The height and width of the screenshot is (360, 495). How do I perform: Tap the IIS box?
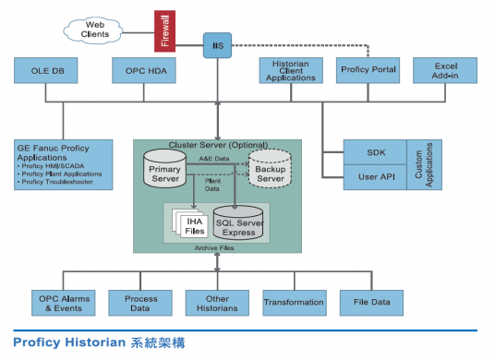point(217,43)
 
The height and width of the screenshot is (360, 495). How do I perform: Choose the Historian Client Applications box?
point(289,71)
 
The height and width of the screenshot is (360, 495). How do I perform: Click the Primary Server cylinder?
point(166,172)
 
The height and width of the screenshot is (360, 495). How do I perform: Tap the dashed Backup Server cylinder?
point(270,172)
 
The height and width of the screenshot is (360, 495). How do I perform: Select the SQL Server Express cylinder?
point(238,224)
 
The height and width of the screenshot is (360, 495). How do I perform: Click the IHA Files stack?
point(192,223)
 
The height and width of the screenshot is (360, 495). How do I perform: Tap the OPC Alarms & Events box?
point(61,302)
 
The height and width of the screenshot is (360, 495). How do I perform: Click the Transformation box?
point(294,302)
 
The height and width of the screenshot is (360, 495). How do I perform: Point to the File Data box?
point(371,302)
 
